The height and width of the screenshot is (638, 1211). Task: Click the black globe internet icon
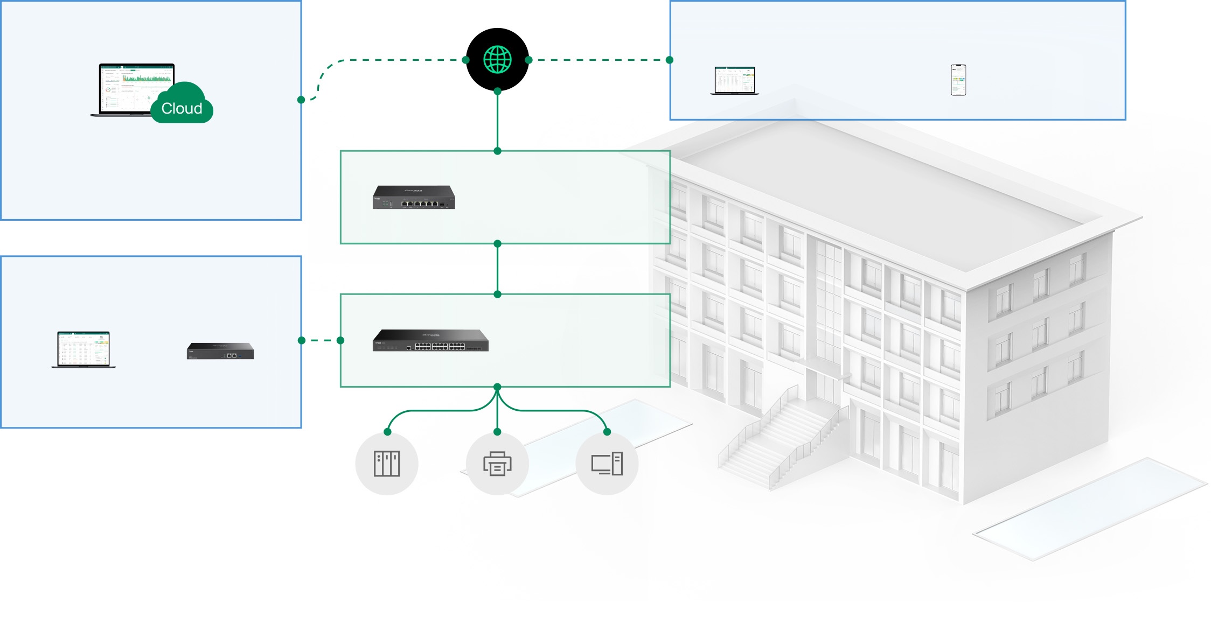click(x=497, y=59)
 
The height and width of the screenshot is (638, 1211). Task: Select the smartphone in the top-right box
click(x=958, y=80)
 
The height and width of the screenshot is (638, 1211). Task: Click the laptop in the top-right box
click(x=734, y=81)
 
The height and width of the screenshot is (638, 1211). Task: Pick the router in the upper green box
click(x=414, y=197)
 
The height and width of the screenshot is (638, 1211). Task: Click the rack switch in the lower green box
click(x=430, y=340)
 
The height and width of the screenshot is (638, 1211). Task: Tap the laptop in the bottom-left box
click(x=83, y=349)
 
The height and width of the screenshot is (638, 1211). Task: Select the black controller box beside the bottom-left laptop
click(x=220, y=351)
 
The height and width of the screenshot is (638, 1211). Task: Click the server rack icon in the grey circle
click(x=387, y=464)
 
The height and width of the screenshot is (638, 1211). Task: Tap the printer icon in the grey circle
click(x=497, y=464)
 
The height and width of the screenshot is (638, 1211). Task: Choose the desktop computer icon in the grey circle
click(x=607, y=464)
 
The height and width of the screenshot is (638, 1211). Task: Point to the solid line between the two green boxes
click(x=497, y=269)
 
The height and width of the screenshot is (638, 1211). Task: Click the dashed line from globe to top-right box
click(x=598, y=60)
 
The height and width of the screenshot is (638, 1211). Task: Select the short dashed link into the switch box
click(x=321, y=340)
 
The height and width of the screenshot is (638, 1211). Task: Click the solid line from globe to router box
click(x=497, y=121)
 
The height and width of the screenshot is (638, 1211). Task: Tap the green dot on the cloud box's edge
click(x=301, y=100)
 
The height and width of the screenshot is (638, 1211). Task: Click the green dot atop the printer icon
click(x=497, y=432)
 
